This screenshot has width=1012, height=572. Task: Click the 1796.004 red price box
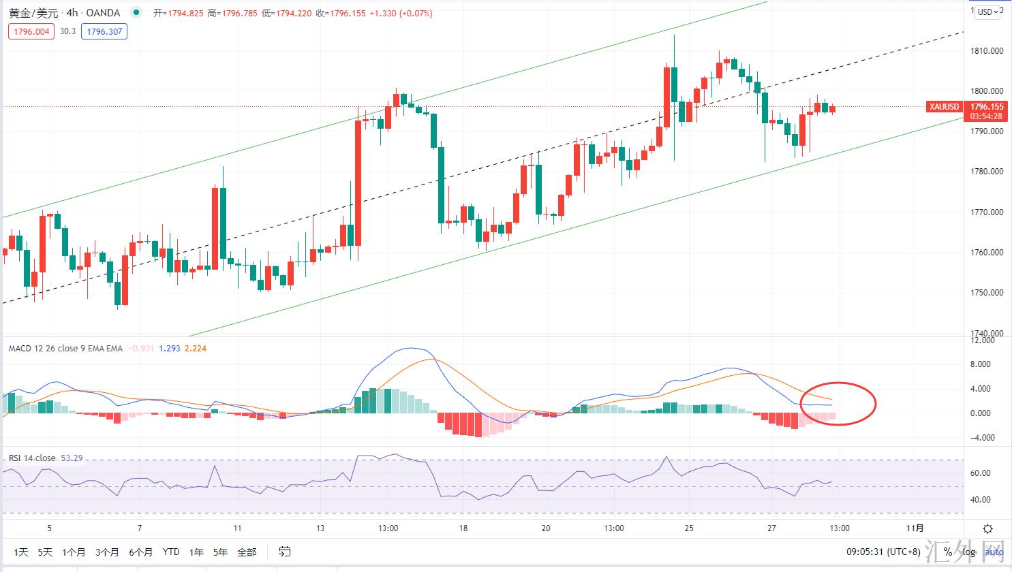(31, 31)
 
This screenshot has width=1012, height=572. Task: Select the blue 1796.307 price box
(104, 31)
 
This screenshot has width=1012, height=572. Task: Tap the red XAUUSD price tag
(944, 107)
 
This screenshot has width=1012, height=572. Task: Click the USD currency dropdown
(987, 12)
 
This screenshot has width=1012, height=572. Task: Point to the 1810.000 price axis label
(985, 51)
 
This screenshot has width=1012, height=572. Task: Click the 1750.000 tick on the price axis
(985, 293)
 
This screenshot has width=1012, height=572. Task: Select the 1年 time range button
(196, 552)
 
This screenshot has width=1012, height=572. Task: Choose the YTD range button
(171, 552)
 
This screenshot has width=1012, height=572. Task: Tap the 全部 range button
(247, 552)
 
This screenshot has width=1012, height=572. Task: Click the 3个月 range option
(107, 552)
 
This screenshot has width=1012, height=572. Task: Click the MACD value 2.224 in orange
(196, 349)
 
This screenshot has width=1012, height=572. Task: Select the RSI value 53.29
(72, 458)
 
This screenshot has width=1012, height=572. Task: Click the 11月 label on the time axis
(915, 528)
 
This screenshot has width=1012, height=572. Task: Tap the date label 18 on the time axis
(463, 528)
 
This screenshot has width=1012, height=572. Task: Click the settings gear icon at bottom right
(987, 528)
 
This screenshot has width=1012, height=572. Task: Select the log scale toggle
(968, 552)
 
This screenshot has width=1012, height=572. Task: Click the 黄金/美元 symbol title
(34, 13)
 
